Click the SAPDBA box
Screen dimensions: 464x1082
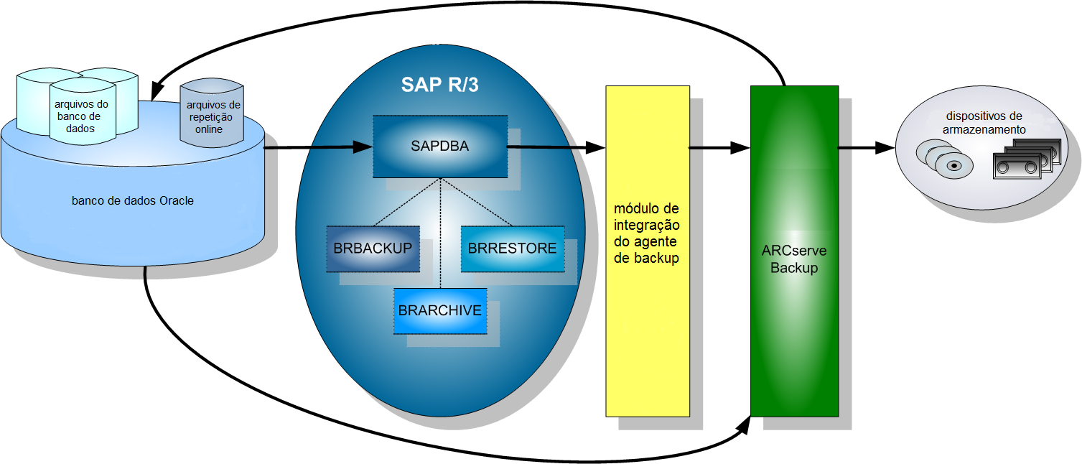pyautogui.click(x=439, y=147)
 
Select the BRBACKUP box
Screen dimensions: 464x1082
pyautogui.click(x=373, y=249)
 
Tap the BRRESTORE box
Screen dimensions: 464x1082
pyautogui.click(x=512, y=249)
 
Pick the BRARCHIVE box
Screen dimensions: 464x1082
pyautogui.click(x=439, y=311)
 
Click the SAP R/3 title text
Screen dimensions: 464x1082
pyautogui.click(x=439, y=85)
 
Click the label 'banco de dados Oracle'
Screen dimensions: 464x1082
pyautogui.click(x=133, y=201)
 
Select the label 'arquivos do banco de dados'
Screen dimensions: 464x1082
pyautogui.click(x=82, y=116)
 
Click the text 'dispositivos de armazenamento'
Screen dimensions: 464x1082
pyautogui.click(x=984, y=123)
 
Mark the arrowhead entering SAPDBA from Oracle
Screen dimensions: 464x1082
pyautogui.click(x=363, y=148)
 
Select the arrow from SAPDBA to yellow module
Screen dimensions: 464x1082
pyautogui.click(x=556, y=148)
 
